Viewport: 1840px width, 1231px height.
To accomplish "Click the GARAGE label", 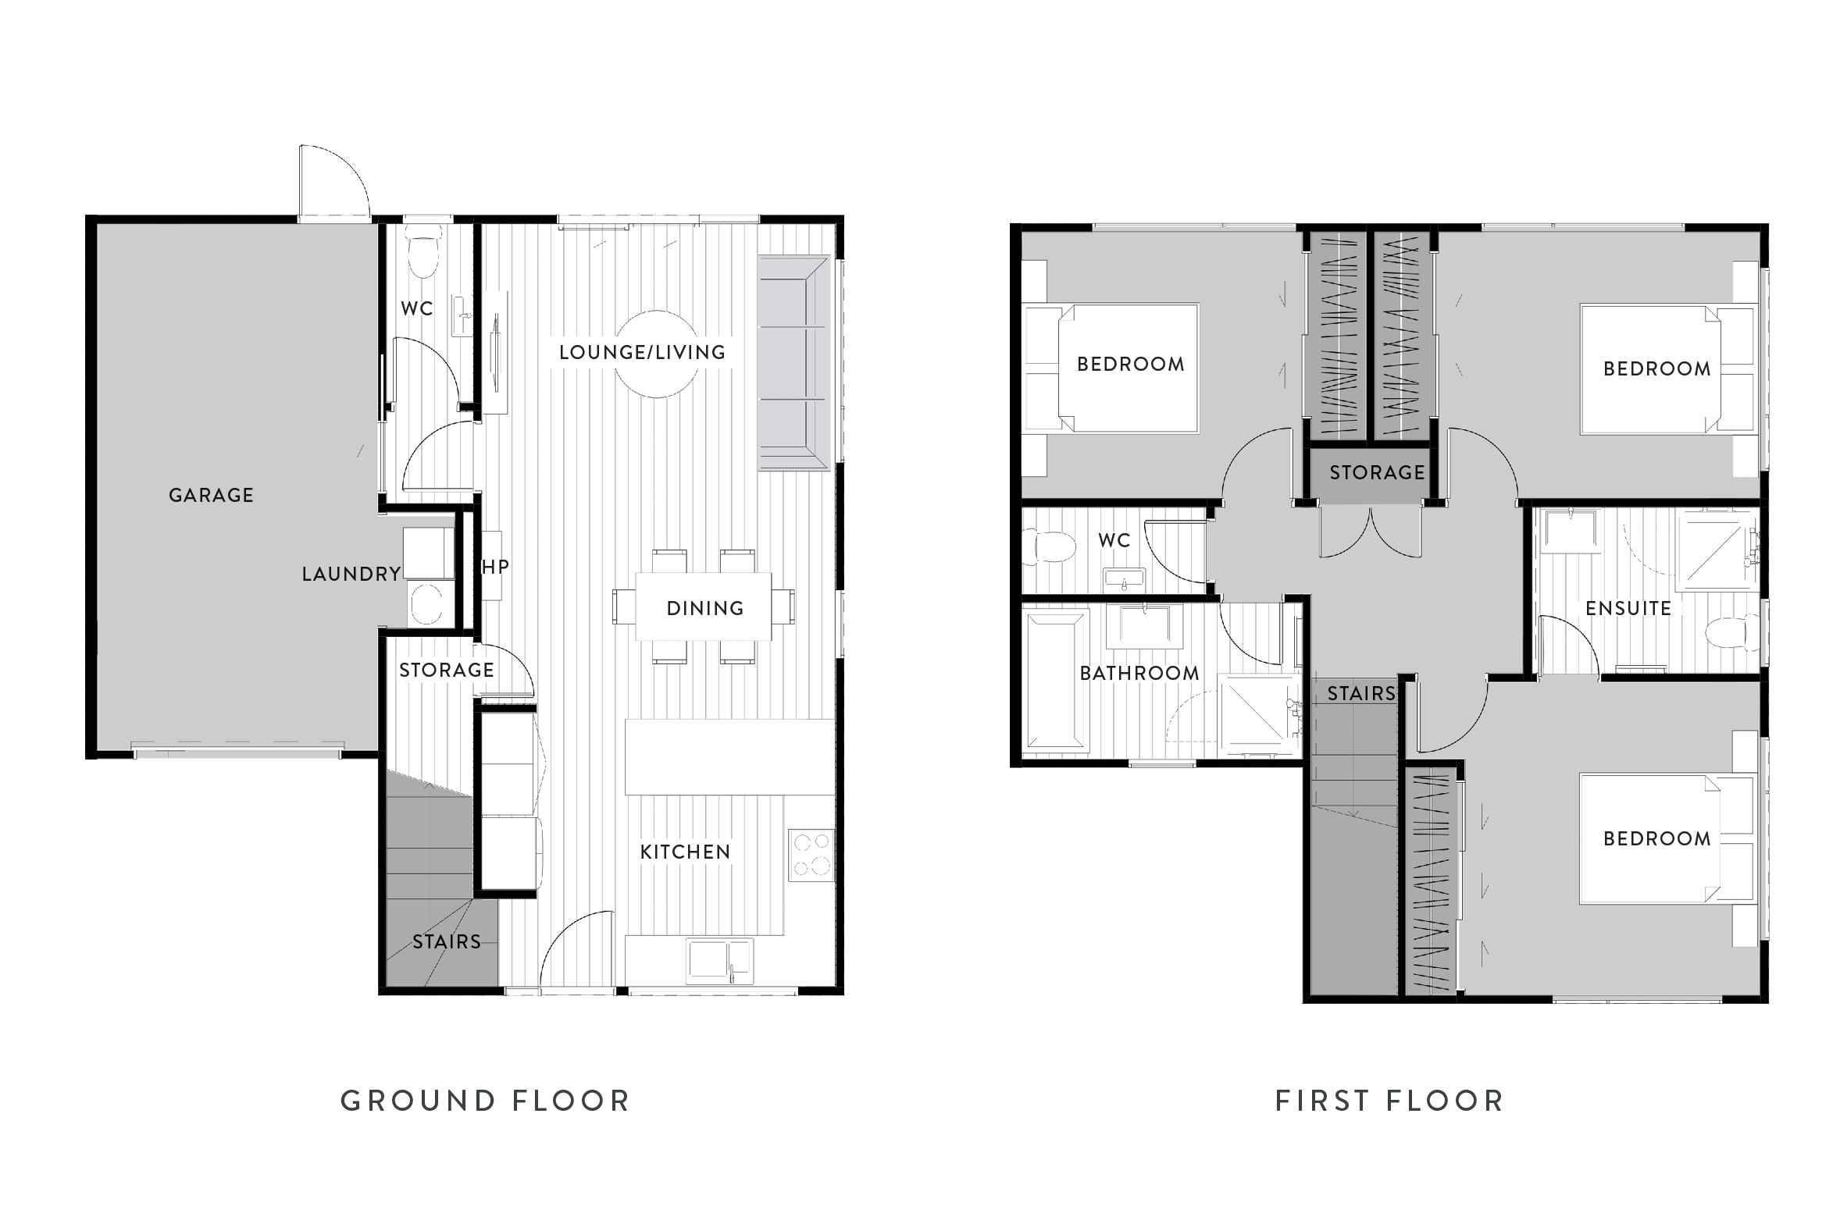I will tap(211, 496).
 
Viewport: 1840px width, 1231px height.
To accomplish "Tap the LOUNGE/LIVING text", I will tap(643, 353).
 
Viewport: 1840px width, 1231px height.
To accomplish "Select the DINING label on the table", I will tap(705, 608).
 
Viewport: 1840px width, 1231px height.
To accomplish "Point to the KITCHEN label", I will tap(685, 852).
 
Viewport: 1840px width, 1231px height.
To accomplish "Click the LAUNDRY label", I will tap(351, 574).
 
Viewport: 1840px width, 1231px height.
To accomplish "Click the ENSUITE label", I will tap(1628, 608).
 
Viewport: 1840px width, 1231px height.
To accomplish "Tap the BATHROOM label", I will tap(1139, 673).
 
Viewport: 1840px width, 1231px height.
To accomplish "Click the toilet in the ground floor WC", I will tap(425, 252).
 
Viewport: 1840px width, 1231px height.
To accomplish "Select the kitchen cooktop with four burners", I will tap(811, 854).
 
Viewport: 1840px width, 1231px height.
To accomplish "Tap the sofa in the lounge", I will tap(794, 363).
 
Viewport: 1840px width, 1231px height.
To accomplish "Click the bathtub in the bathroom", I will tap(1057, 679).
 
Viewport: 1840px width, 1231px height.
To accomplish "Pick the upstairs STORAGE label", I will tap(1377, 472).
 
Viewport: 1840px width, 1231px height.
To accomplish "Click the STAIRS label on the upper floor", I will tap(1361, 693).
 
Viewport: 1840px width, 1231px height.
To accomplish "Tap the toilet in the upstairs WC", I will tap(1050, 546).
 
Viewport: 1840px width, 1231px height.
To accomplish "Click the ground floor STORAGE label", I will tap(446, 670).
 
